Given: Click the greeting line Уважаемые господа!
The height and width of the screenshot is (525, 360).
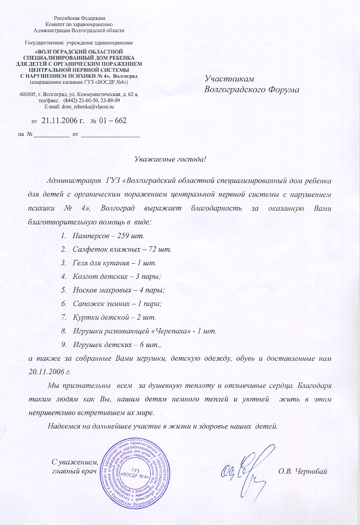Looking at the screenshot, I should point(171,158).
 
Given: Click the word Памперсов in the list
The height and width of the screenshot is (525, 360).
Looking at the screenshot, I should point(90,235).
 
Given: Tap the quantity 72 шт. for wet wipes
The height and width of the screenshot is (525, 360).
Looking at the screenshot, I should point(160,249).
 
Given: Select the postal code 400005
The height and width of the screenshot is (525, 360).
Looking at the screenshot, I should point(29,94).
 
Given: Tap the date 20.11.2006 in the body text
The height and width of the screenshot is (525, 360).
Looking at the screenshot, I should point(47,372).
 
